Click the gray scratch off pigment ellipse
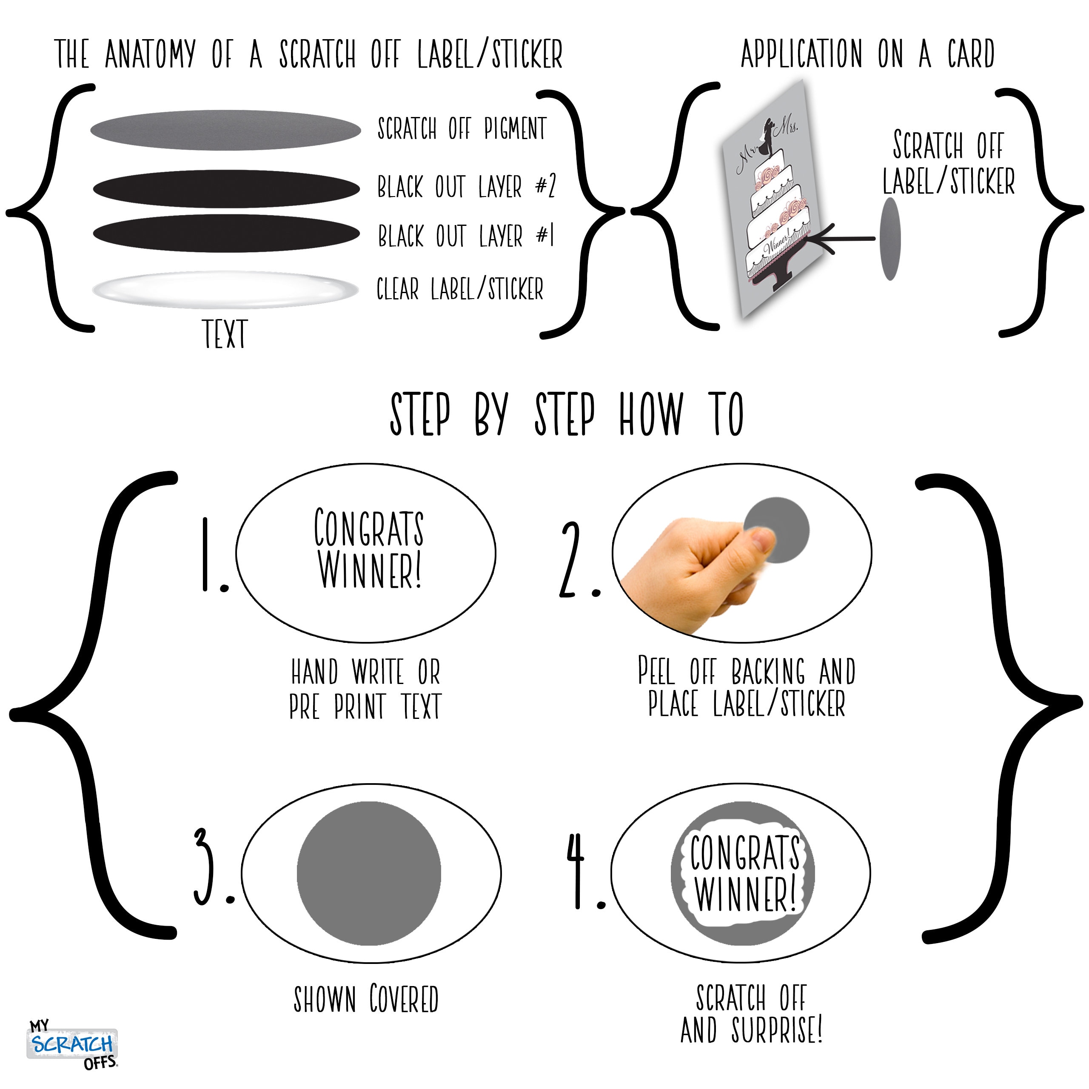225,130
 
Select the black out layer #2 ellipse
225,188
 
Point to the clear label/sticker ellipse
225,290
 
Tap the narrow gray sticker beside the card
890,238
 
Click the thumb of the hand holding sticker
758,539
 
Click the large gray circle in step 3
369,873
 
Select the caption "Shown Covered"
366,1000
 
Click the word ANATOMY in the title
151,55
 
